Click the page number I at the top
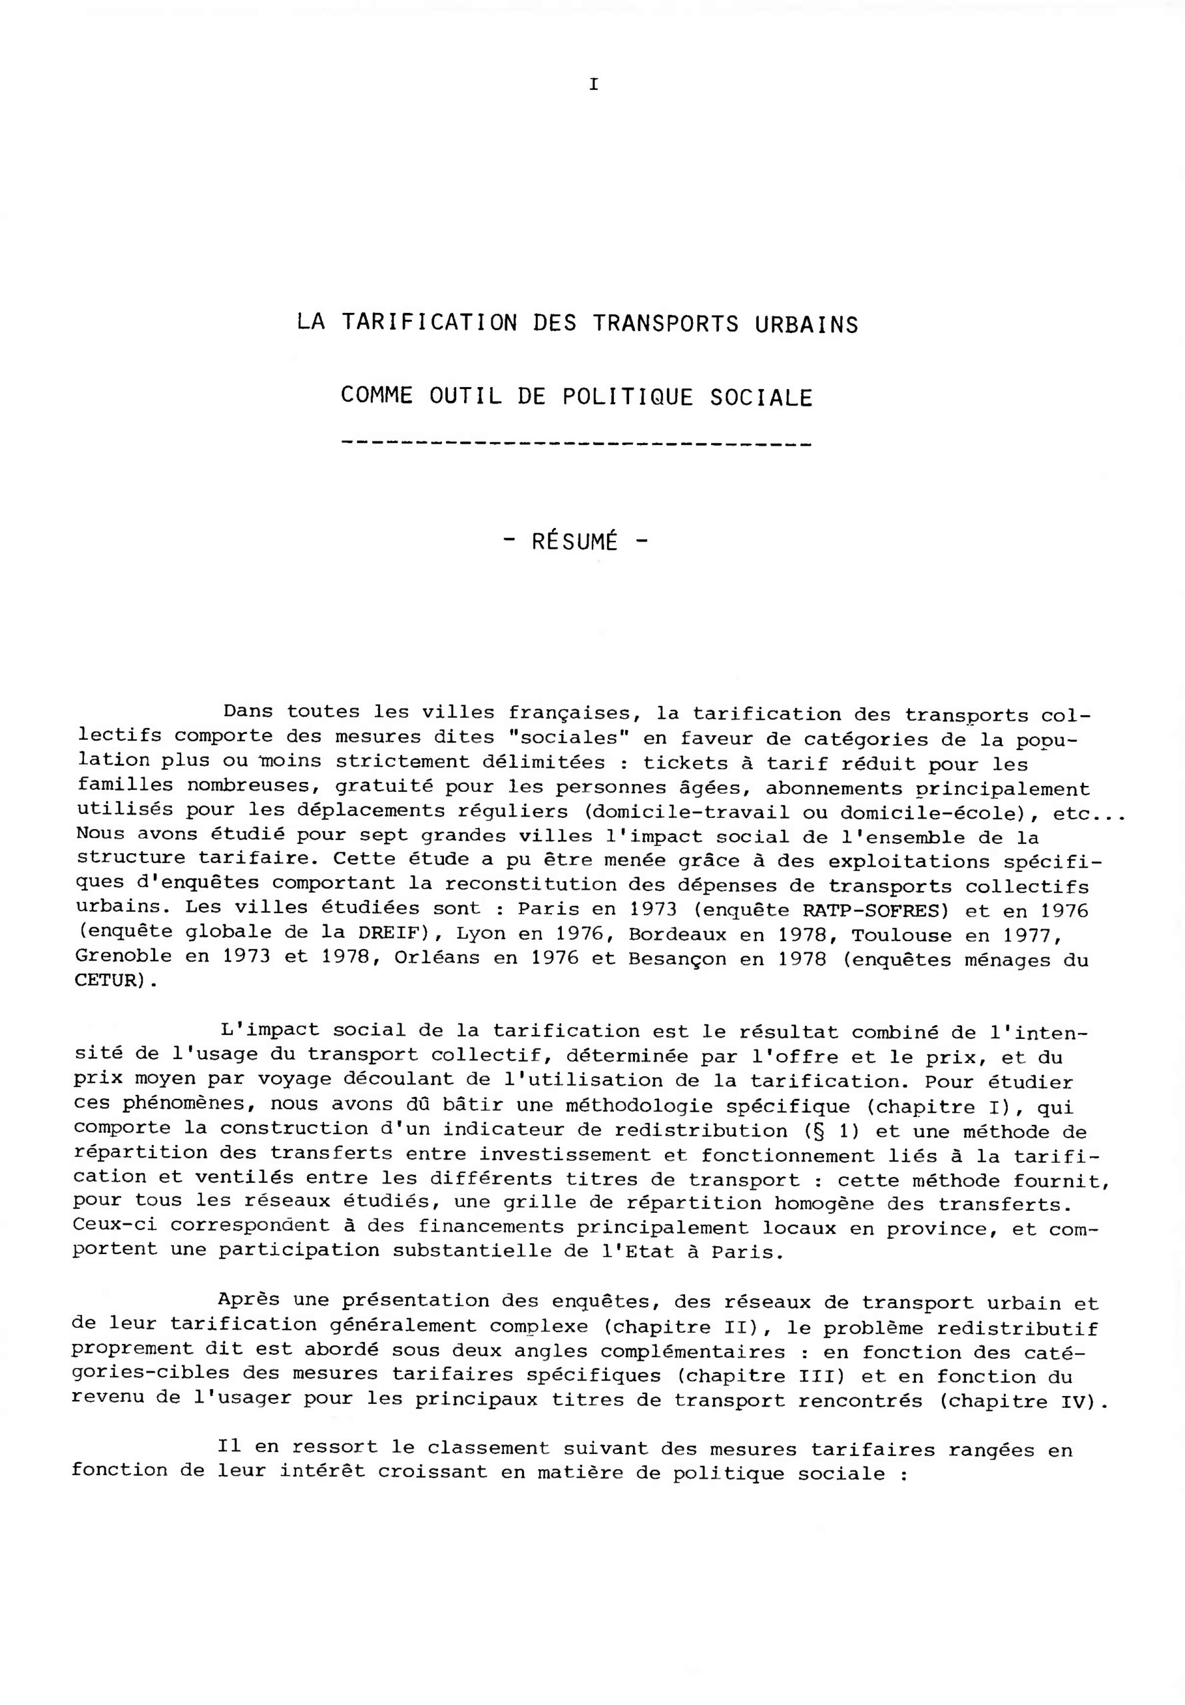tap(593, 85)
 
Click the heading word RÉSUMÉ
tap(575, 541)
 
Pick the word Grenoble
tap(123, 957)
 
